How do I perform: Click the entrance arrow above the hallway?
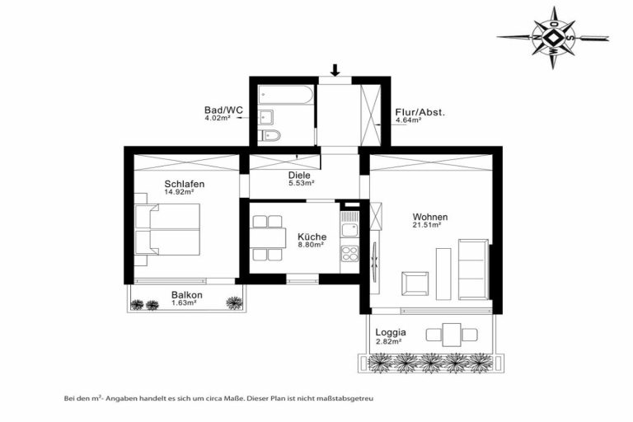coord(335,70)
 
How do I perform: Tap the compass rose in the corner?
coord(553,39)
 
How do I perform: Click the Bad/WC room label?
coord(223,110)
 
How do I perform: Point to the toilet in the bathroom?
coord(270,136)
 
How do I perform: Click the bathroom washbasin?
coord(266,117)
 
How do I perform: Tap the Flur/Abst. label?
coord(420,112)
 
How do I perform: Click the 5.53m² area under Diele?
coord(299,183)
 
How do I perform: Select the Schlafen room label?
coord(185,184)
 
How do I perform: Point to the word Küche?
coord(312,237)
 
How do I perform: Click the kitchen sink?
coord(349,230)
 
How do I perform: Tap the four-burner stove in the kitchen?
coord(349,255)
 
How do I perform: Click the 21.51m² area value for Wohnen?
coord(426,225)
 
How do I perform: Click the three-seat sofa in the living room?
coord(473,269)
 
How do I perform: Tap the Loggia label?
coord(391,333)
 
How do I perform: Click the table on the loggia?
coord(452,335)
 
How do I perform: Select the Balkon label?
coord(186,295)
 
